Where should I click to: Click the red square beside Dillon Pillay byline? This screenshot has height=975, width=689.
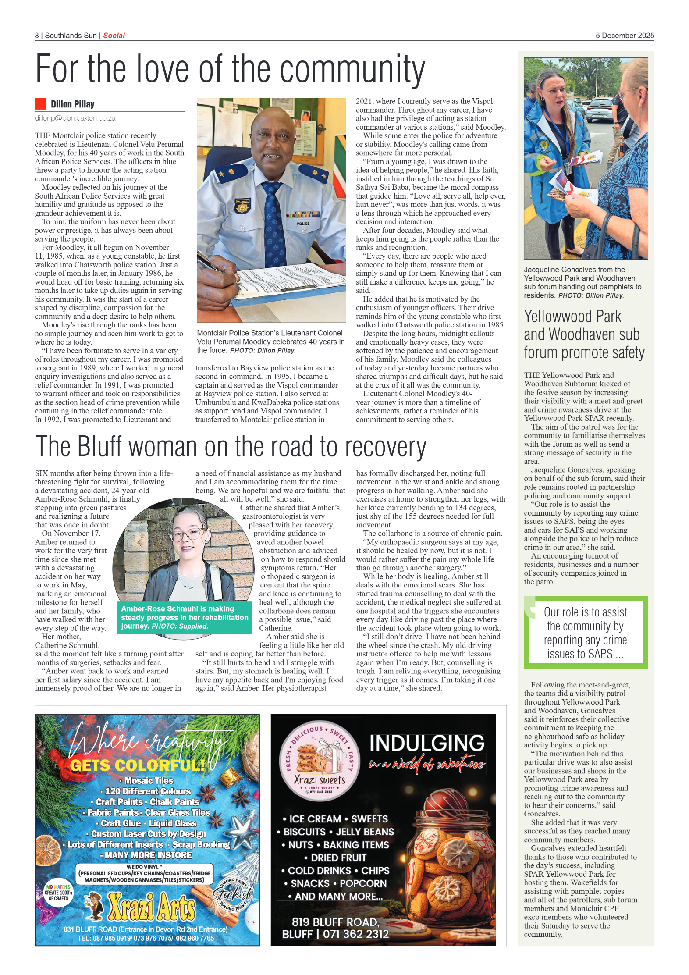[x=41, y=104]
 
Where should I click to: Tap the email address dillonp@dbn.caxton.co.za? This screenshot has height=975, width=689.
[x=75, y=118]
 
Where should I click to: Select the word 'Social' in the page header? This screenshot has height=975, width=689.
[x=114, y=36]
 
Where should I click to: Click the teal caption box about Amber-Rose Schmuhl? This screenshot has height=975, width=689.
[x=184, y=617]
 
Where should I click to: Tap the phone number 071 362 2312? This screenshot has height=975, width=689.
[x=355, y=934]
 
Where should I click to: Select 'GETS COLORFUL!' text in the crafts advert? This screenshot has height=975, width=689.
[x=137, y=765]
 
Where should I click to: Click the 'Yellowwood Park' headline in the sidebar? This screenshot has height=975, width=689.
[x=572, y=317]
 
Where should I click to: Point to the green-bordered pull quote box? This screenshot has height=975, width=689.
[x=585, y=632]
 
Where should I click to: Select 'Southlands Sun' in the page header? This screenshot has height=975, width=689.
[x=71, y=36]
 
